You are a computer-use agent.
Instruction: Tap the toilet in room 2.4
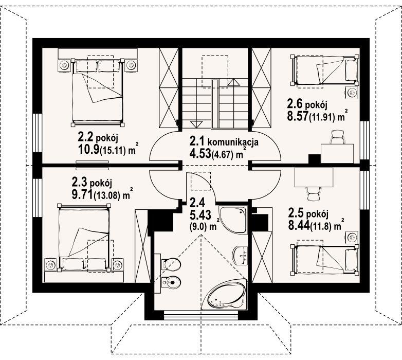click(x=172, y=264)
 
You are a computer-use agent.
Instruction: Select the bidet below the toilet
click(x=171, y=283)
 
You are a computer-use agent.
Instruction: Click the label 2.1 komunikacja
click(x=224, y=142)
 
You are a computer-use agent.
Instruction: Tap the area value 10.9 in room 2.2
click(x=89, y=149)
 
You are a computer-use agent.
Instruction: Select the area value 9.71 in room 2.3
click(x=82, y=194)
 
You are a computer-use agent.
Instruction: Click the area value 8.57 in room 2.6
click(x=298, y=116)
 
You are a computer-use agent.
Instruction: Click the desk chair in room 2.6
click(x=337, y=137)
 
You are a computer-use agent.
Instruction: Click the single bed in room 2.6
click(x=324, y=70)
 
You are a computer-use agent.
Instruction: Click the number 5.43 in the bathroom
click(x=200, y=214)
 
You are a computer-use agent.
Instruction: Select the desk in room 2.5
click(x=314, y=177)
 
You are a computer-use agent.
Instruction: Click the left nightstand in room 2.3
click(x=51, y=264)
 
